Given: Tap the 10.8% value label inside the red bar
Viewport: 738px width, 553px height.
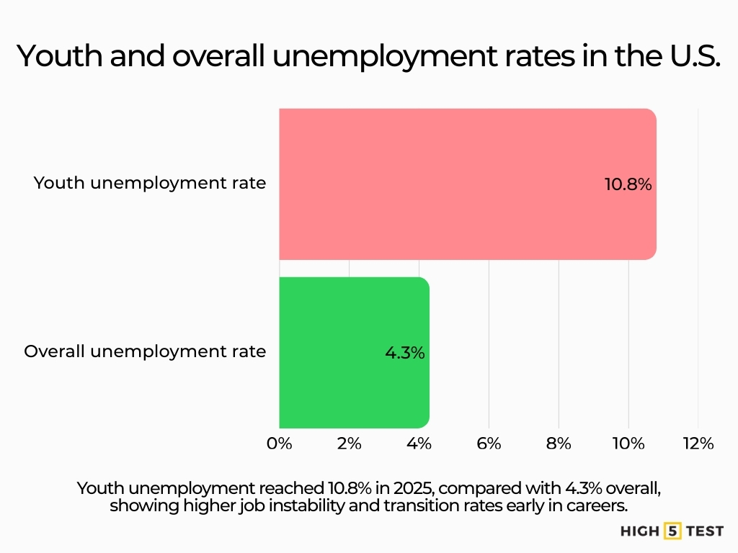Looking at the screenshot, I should (x=628, y=184).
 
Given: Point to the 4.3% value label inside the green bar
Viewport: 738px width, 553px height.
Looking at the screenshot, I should (x=404, y=354).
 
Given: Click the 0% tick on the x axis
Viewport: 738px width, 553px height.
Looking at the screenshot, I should (x=280, y=444).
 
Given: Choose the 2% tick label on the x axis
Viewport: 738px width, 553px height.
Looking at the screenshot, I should (x=349, y=444).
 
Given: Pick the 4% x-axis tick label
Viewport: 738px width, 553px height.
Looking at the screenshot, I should (x=419, y=444).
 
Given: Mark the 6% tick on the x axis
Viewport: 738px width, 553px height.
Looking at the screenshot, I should (x=489, y=444).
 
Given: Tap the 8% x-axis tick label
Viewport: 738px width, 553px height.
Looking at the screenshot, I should (x=559, y=444).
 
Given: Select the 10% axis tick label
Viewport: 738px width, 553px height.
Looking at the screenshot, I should (x=628, y=444).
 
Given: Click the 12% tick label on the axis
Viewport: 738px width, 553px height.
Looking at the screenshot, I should (x=698, y=444).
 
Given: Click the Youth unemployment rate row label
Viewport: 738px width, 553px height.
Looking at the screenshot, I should (x=150, y=183).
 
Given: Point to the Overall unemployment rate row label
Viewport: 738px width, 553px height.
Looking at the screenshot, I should (x=145, y=352).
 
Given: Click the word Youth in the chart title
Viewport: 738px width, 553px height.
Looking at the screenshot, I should (x=59, y=56).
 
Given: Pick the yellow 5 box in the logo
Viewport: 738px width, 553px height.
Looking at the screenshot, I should (x=672, y=531).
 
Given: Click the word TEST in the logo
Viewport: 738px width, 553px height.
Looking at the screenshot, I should (x=704, y=531).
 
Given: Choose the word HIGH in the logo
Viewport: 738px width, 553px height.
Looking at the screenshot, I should (x=640, y=531).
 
